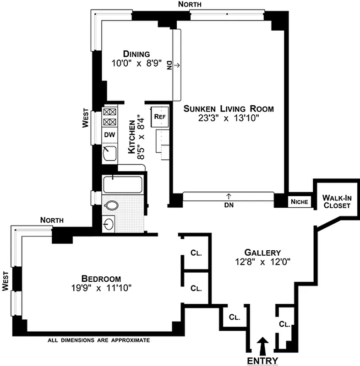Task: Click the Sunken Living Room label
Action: (x=229, y=108)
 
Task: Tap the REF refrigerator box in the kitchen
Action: (x=159, y=116)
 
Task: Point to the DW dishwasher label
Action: (x=109, y=135)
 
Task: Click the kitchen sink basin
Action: (x=109, y=154)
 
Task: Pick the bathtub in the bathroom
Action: (x=123, y=185)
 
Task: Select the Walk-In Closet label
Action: (x=337, y=201)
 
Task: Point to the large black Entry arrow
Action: (x=262, y=347)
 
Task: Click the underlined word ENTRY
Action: (x=262, y=361)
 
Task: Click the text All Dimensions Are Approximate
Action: (x=99, y=340)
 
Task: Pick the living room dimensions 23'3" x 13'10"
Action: (x=229, y=118)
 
